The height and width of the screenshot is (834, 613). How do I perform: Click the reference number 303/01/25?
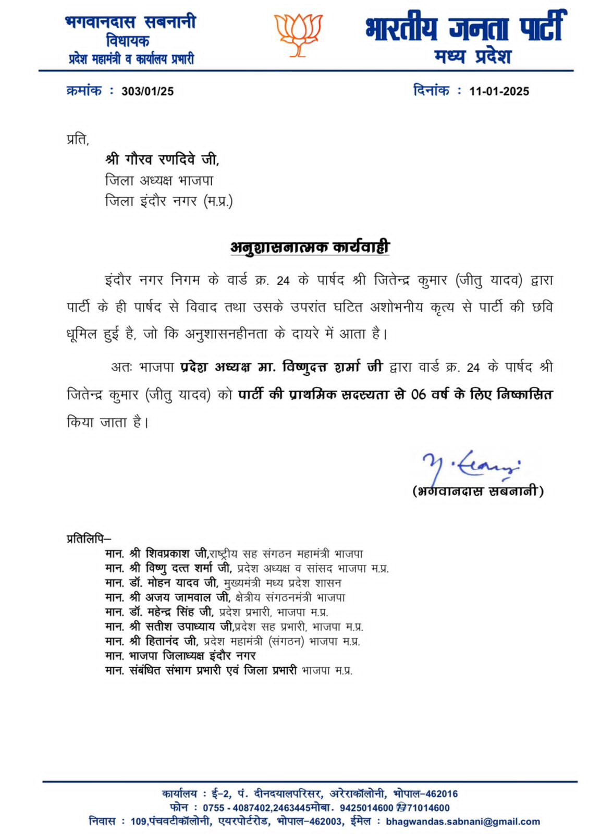coord(148,91)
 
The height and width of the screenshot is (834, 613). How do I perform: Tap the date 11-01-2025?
coord(499,91)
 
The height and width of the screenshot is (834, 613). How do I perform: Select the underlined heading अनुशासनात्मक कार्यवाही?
coord(310,247)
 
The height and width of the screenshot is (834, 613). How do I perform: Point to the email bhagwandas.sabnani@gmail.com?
coord(462,821)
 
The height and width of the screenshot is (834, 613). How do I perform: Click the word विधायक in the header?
coord(128,40)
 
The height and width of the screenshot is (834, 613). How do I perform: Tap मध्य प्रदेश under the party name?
coord(473,56)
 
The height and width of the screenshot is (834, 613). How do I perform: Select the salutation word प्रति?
coord(78,139)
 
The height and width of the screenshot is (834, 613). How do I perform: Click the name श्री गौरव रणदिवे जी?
coord(162,159)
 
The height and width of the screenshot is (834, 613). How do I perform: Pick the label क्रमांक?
coord(84,91)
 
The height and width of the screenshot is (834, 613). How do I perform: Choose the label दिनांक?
coord(431,91)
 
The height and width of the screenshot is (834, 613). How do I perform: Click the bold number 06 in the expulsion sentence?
coord(419,395)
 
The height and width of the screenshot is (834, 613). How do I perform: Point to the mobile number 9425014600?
coord(366,808)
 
